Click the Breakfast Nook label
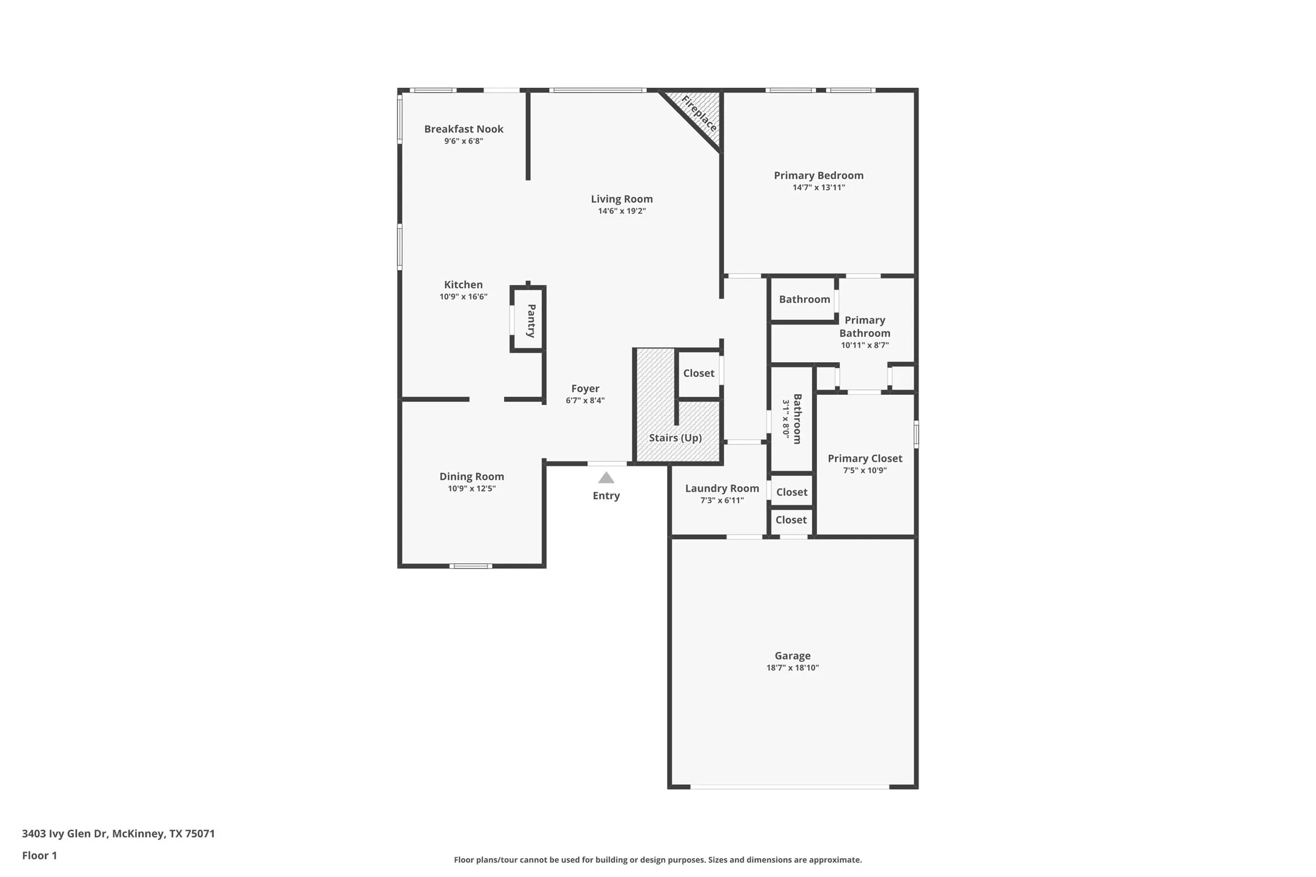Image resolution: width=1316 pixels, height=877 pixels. (464, 129)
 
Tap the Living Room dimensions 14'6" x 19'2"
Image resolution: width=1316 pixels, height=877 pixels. (622, 211)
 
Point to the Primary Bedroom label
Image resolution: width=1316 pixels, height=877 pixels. (818, 176)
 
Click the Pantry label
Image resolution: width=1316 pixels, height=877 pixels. (531, 320)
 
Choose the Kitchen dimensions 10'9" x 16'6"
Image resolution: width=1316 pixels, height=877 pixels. (464, 297)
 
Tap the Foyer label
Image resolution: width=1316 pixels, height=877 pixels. (585, 389)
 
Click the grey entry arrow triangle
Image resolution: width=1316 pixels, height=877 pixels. (606, 478)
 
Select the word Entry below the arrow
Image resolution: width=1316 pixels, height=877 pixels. (606, 495)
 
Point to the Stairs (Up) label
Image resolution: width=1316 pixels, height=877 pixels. (675, 438)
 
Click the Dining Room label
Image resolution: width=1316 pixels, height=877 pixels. (471, 477)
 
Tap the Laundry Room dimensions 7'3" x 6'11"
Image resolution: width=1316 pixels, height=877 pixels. (722, 500)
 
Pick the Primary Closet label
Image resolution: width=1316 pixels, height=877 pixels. (865, 458)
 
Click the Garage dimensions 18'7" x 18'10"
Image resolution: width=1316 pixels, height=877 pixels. (792, 668)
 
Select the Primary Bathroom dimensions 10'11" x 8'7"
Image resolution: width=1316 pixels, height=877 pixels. (865, 345)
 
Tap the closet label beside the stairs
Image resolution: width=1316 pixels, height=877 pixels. (699, 373)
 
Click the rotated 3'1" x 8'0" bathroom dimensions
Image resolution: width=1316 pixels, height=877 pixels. (786, 419)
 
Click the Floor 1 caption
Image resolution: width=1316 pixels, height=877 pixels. (39, 856)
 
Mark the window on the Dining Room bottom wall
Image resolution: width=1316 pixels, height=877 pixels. (471, 566)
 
